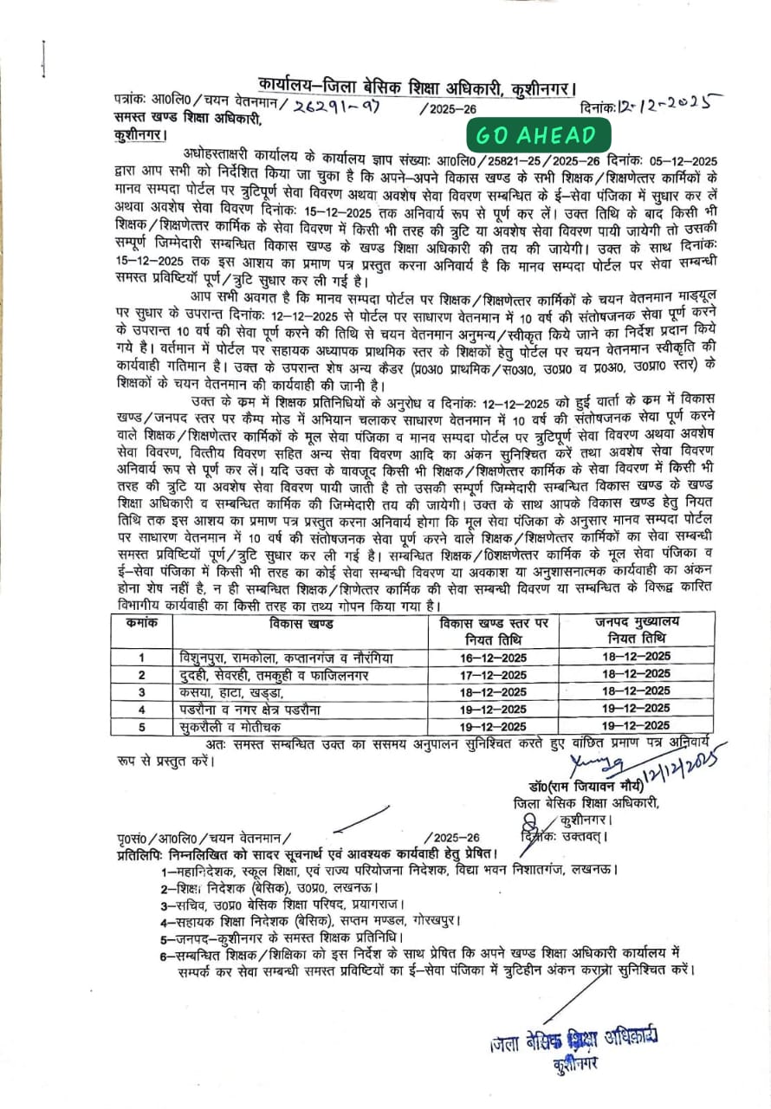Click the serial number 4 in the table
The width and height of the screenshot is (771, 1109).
[140, 710]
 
